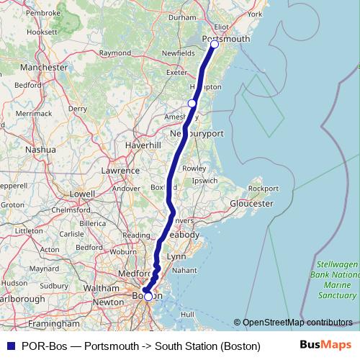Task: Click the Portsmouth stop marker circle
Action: coord(214,45)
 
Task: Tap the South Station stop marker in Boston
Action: coord(148,296)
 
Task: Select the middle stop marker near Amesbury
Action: coord(192,104)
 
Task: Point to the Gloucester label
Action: coord(251,204)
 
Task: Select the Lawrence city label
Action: coord(120,171)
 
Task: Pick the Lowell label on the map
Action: coord(82,194)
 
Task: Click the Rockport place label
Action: coord(262,189)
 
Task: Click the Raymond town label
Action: coord(114,53)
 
